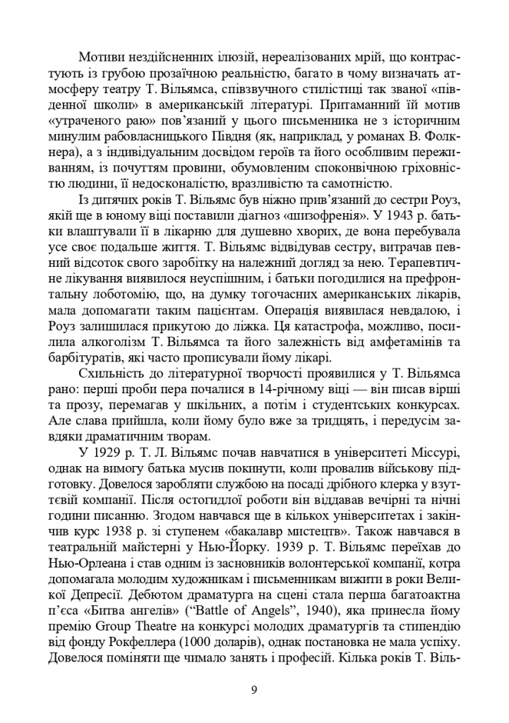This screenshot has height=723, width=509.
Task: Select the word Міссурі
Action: (x=439, y=450)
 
